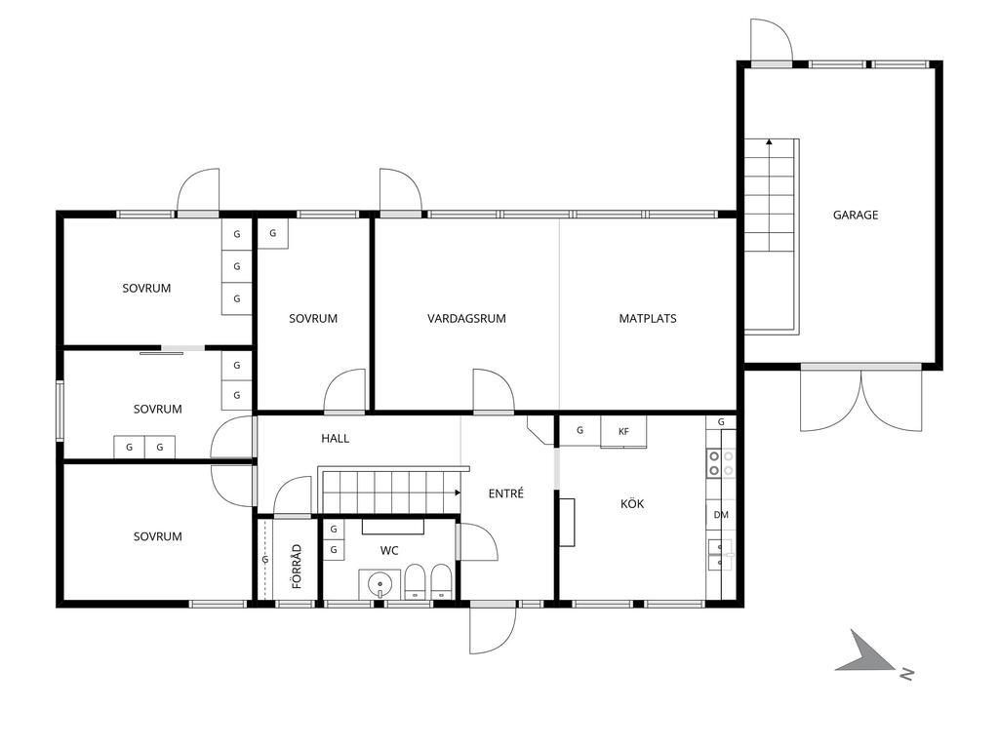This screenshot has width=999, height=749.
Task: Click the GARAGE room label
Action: pyautogui.click(x=855, y=216)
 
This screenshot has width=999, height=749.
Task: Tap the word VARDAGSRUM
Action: pyautogui.click(x=466, y=319)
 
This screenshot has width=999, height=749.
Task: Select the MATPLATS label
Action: pyautogui.click(x=648, y=319)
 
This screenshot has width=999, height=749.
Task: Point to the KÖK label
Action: pyautogui.click(x=632, y=504)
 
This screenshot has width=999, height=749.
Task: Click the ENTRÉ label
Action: pyautogui.click(x=506, y=493)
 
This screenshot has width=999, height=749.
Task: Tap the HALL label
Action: pyautogui.click(x=336, y=438)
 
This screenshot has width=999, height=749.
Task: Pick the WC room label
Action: pyautogui.click(x=389, y=550)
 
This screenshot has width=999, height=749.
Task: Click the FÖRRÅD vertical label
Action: pyautogui.click(x=297, y=566)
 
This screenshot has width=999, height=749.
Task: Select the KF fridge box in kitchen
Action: pyautogui.click(x=623, y=431)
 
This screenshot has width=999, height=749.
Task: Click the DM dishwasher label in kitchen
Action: pyautogui.click(x=721, y=515)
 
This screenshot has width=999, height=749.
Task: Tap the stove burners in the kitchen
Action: pyautogui.click(x=721, y=463)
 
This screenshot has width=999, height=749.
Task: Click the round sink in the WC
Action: pyautogui.click(x=380, y=584)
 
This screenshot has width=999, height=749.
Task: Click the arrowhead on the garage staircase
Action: pyautogui.click(x=769, y=142)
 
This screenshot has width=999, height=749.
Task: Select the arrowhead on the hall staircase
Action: pyautogui.click(x=458, y=493)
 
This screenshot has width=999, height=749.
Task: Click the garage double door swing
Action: pyautogui.click(x=860, y=400)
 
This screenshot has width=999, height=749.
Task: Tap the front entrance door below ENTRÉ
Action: pyautogui.click(x=493, y=628)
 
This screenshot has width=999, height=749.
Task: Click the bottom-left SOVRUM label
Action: pyautogui.click(x=157, y=536)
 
